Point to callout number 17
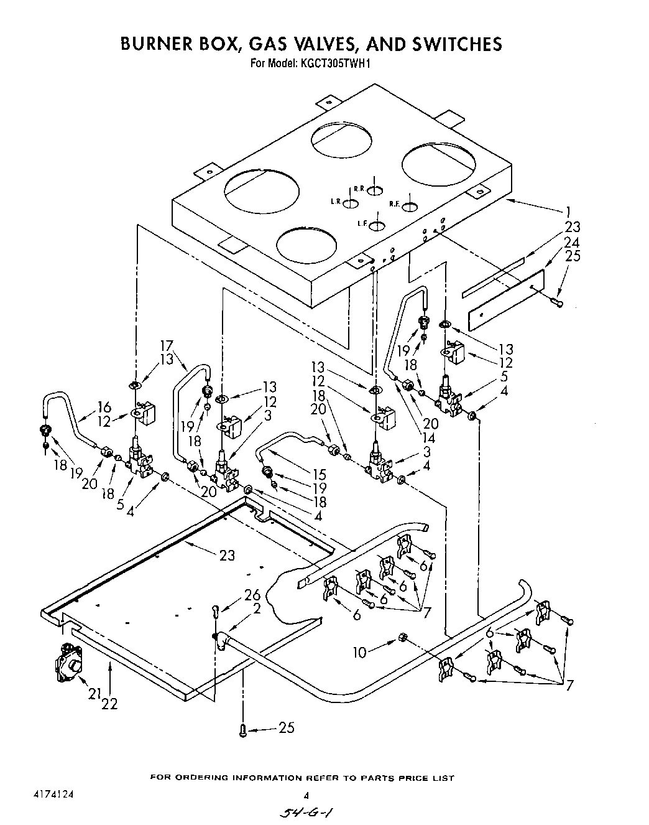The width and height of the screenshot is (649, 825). point(166,346)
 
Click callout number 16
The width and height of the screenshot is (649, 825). point(104,408)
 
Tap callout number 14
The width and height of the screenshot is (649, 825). point(428,437)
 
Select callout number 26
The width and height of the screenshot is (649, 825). point(252,595)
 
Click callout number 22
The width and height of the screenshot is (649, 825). point(110,704)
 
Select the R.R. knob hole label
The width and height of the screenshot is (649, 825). point(359,188)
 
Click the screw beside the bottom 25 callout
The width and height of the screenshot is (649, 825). point(244,731)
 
